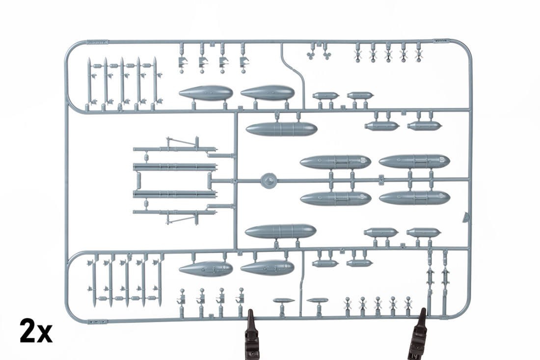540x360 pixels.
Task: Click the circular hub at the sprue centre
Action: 268,180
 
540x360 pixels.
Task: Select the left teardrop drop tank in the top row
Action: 206,93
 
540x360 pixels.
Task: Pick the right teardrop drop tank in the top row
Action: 268,93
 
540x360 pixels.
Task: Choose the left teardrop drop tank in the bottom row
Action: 206,268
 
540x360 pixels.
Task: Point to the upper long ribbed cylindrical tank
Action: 281,129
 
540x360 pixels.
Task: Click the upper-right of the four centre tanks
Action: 414,161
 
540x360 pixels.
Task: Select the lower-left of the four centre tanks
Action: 336,198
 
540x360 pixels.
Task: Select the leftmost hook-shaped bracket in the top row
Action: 182,61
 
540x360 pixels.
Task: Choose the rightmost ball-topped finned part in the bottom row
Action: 408,303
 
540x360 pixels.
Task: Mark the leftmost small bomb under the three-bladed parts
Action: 326,95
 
